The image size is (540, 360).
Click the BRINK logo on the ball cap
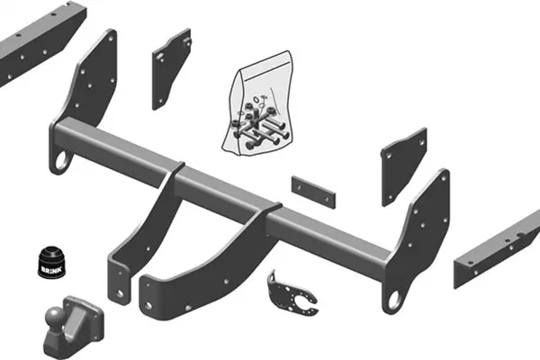tap(51, 269)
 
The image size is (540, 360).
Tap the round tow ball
tap(54, 316)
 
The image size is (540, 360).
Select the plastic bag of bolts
tap(257, 103)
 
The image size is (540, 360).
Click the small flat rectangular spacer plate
tap(313, 192)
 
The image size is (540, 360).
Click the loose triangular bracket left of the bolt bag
tap(169, 70)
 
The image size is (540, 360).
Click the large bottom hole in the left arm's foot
tap(120, 294)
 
